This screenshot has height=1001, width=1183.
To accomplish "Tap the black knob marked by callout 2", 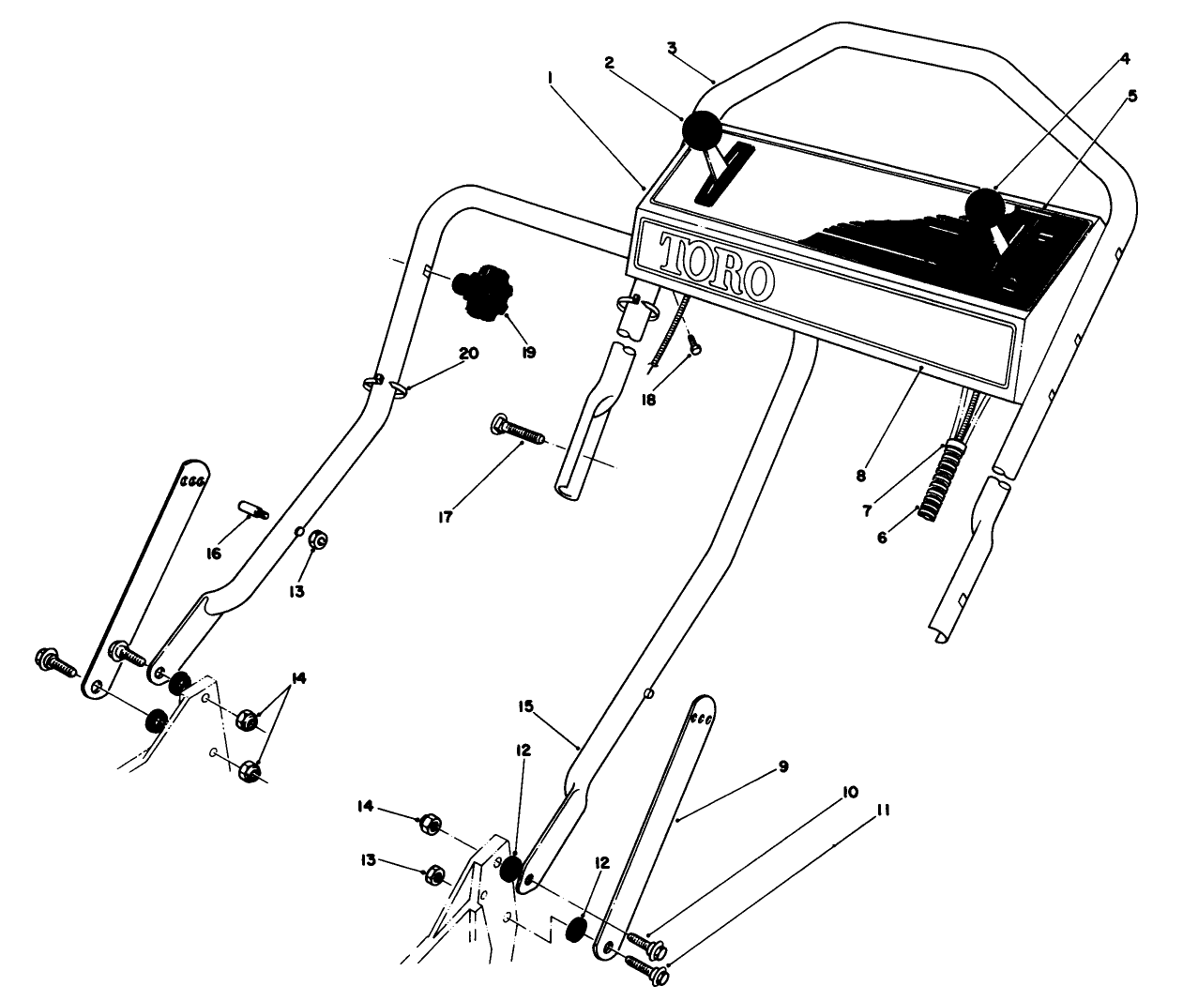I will point(702,129).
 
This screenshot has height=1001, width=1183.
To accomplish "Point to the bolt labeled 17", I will point(517,432).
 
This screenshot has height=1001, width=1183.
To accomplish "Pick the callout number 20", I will point(468,354).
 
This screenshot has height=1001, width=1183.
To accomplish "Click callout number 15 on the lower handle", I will point(524,706).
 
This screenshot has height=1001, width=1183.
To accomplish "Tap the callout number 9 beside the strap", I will point(783,766).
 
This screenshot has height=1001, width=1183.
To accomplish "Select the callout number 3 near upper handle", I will point(672,46).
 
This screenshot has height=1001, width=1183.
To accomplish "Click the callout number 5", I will point(1132,96).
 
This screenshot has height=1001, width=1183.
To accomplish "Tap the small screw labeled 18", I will point(694,349).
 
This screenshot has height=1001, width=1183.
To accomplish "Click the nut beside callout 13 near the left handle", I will point(317,540).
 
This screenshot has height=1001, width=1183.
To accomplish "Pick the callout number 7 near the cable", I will point(867,511).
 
